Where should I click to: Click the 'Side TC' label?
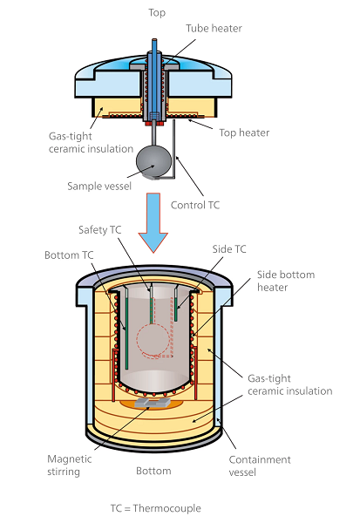(228, 248)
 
